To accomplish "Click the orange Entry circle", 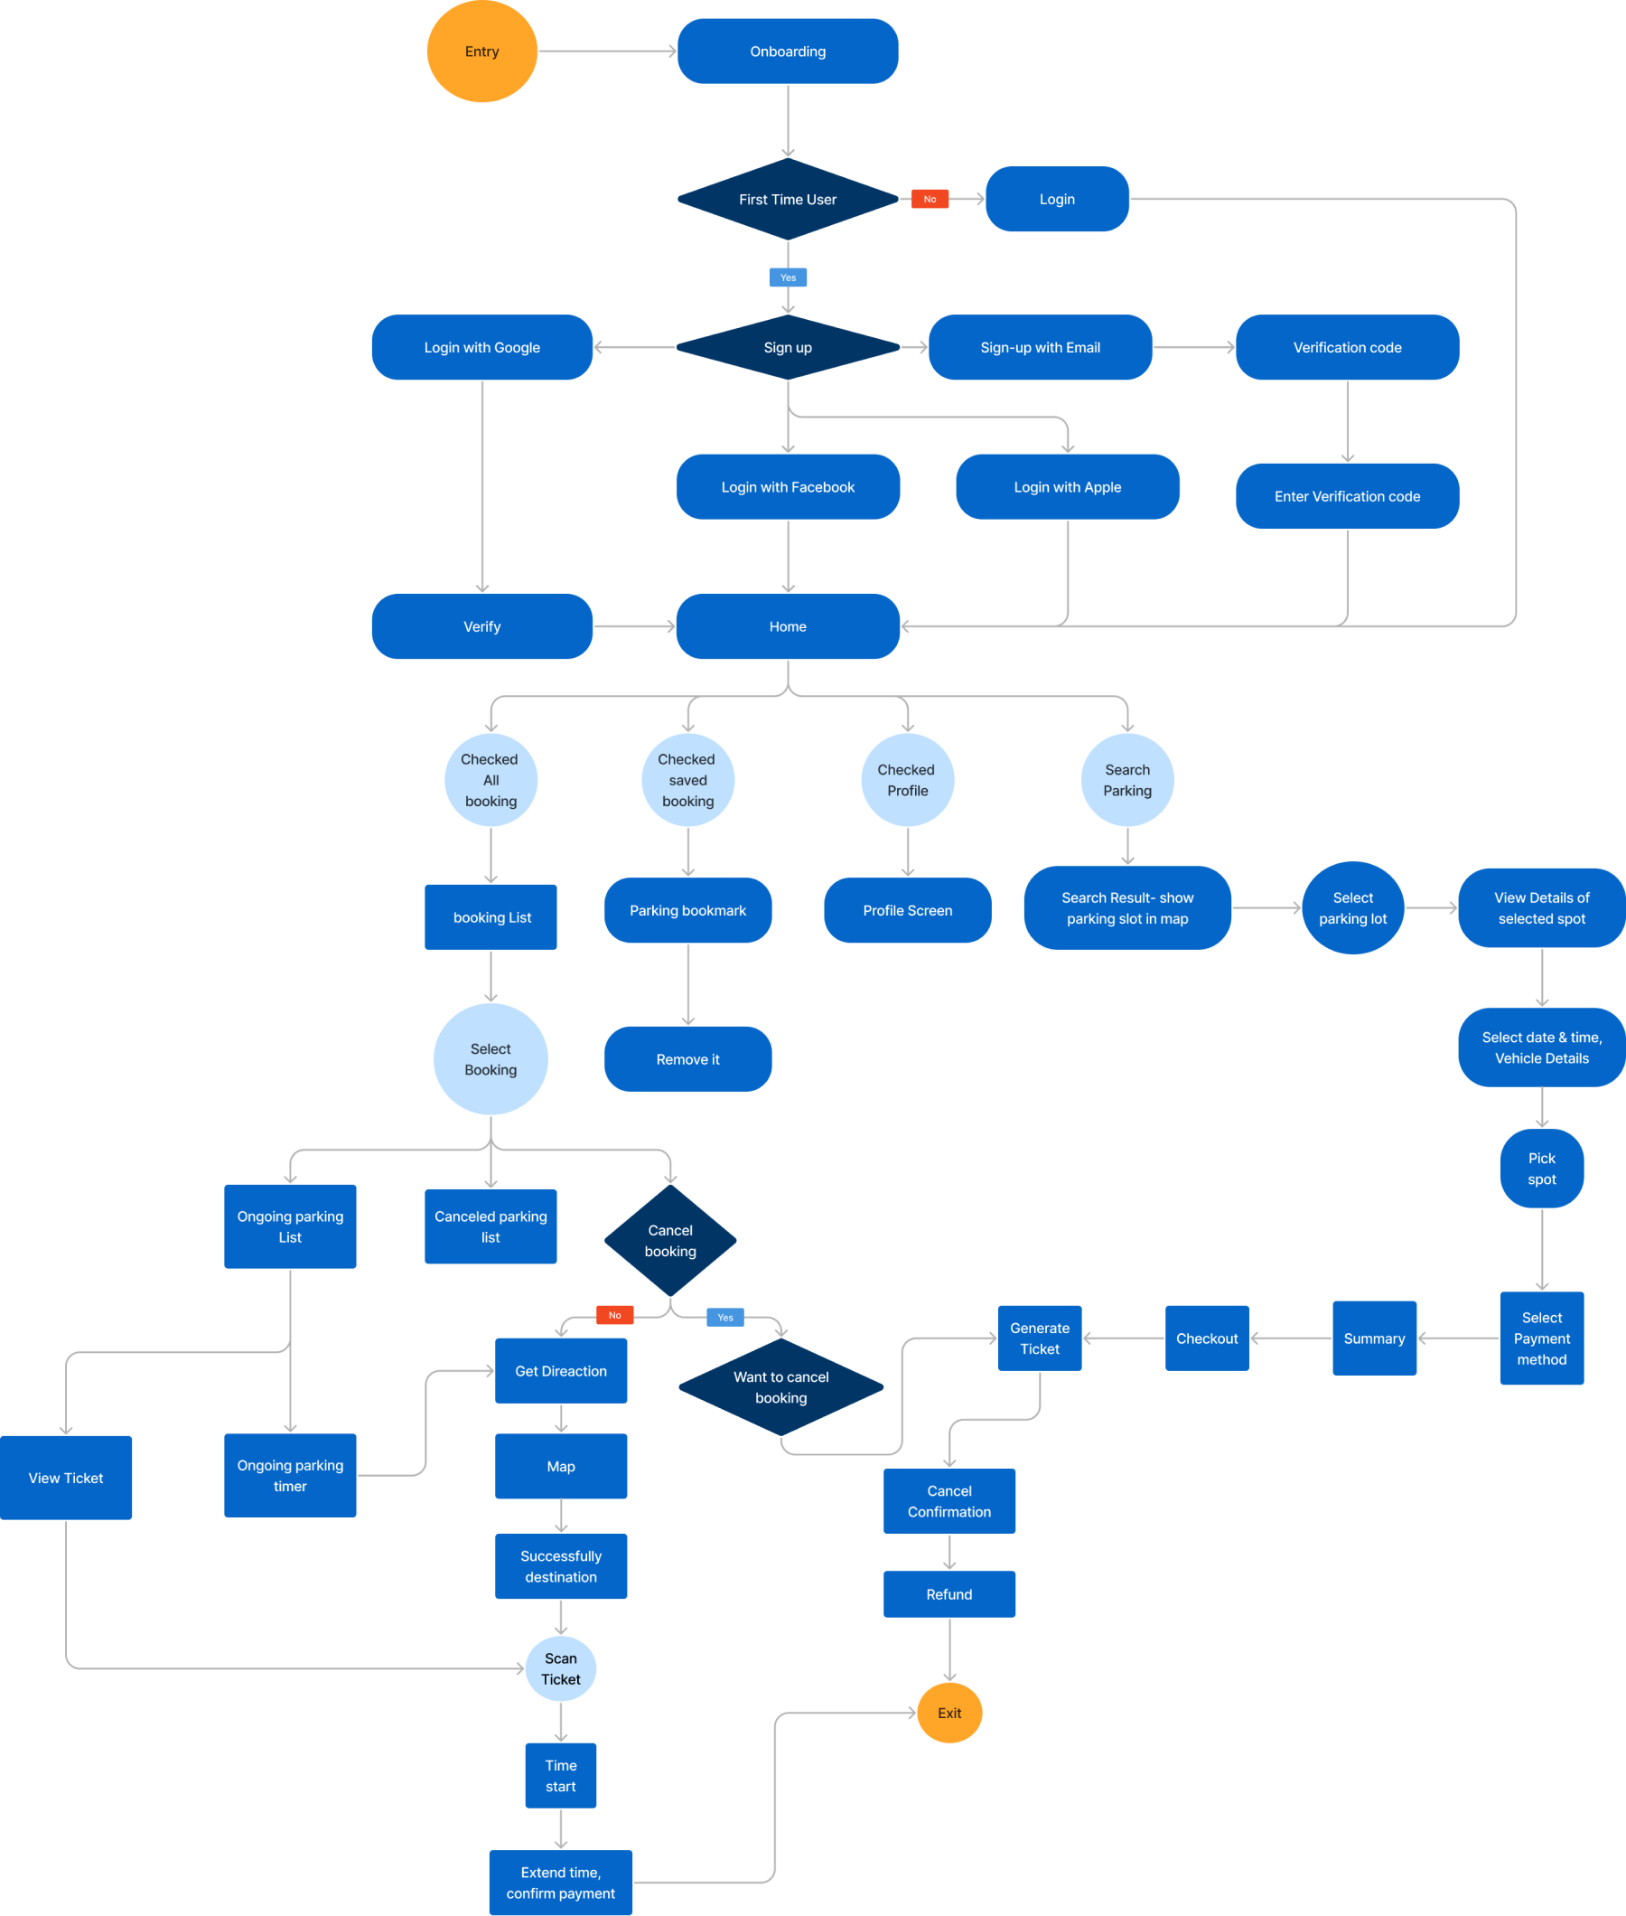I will [x=481, y=52].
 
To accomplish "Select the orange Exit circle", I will [x=948, y=1713].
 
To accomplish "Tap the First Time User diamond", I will [x=787, y=199].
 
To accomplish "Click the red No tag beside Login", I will [x=930, y=199].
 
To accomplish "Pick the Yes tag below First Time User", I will [x=787, y=277].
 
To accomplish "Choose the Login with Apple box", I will [x=1067, y=487].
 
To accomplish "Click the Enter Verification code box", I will [x=1346, y=496].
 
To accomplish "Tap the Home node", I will [x=787, y=626].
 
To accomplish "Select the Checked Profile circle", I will [x=906, y=780].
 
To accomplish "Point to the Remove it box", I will [x=687, y=1058].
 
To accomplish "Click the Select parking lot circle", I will [x=1351, y=907].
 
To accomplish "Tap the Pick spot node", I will [x=1540, y=1169].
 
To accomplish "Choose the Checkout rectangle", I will [x=1206, y=1338].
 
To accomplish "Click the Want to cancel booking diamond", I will [x=780, y=1386].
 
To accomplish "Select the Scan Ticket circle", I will [x=560, y=1668].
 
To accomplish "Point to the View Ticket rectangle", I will [x=65, y=1477].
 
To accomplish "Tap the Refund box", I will [x=948, y=1593].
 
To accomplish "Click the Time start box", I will [x=560, y=1775].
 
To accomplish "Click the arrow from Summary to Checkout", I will [x=1291, y=1338].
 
